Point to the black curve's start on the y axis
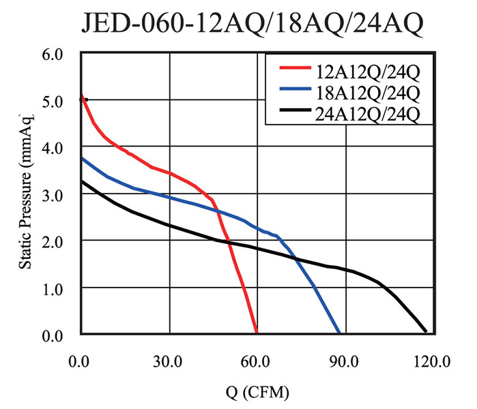pos(81,181)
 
